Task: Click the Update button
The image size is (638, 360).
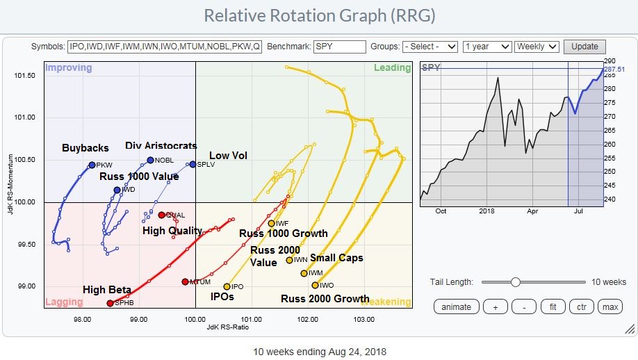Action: tap(584, 47)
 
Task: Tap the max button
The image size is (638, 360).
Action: tap(610, 306)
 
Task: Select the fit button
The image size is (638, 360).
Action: tap(553, 306)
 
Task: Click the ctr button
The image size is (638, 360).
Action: tap(582, 306)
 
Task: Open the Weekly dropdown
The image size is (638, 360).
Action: tap(537, 47)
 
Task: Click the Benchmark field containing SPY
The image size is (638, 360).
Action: tap(339, 47)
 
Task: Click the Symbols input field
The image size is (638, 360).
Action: tap(165, 47)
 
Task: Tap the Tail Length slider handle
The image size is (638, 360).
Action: tap(515, 281)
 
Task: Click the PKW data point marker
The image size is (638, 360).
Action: tap(92, 165)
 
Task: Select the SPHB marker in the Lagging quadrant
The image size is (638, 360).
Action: tap(110, 303)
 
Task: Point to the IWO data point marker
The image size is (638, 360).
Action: tap(315, 285)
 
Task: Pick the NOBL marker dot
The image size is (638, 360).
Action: tap(150, 160)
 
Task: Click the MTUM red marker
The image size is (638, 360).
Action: tap(185, 281)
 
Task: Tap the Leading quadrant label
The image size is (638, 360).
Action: tap(392, 68)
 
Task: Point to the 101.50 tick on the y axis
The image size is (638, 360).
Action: tap(26, 75)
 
